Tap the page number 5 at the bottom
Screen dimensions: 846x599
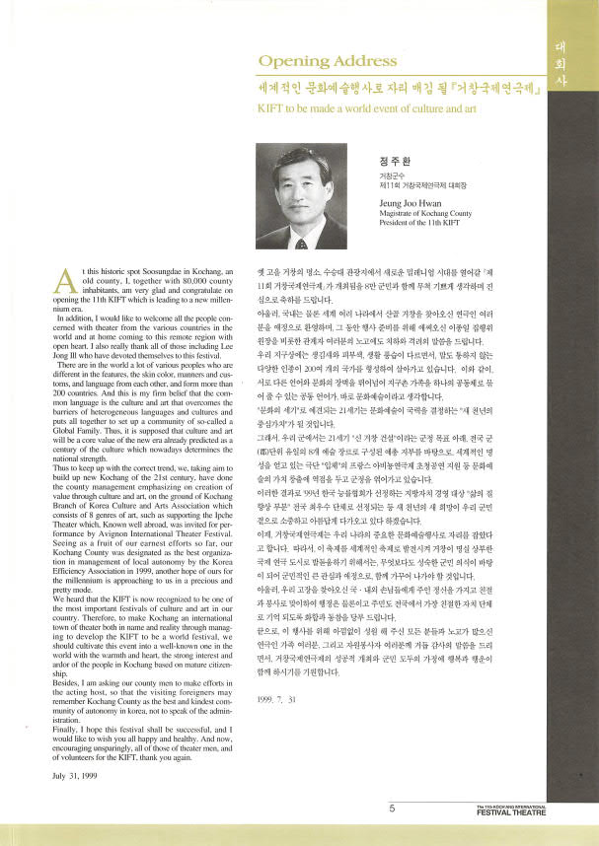(x=391, y=809)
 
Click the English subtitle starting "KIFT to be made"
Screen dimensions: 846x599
(x=350, y=107)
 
